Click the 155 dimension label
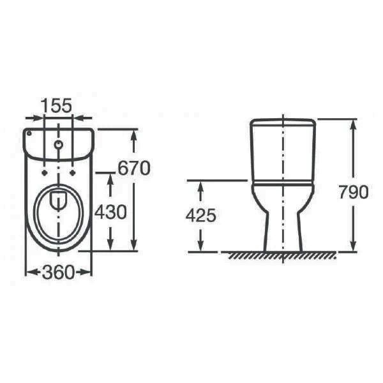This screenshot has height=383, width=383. pyautogui.click(x=56, y=105)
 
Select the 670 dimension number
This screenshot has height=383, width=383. pyautogui.click(x=134, y=168)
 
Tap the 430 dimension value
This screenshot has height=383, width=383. pyautogui.click(x=110, y=212)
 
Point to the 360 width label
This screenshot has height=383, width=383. pyautogui.click(x=58, y=272)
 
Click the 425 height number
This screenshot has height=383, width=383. pyautogui.click(x=201, y=216)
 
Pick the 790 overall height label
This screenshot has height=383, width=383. pyautogui.click(x=353, y=191)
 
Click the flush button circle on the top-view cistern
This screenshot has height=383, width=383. pyautogui.click(x=58, y=144)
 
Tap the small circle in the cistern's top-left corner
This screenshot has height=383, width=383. pyautogui.click(x=29, y=133)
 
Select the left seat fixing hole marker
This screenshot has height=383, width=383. pyautogui.click(x=44, y=173)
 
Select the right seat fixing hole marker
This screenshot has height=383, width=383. pyautogui.click(x=73, y=173)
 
